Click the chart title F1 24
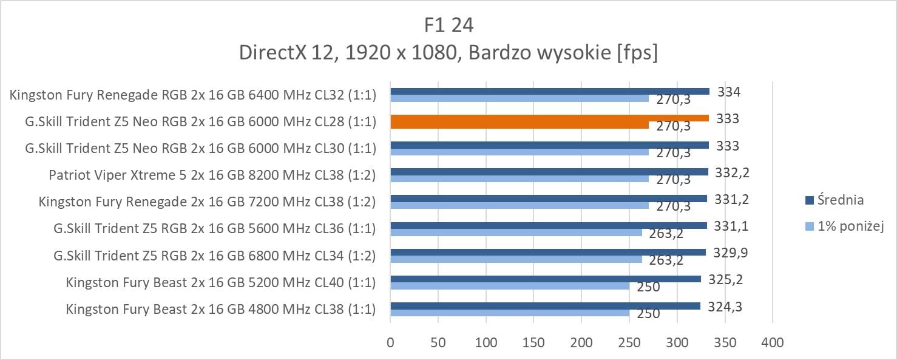pyautogui.click(x=448, y=25)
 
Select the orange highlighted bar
pyautogui.click(x=549, y=118)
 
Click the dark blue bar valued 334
pyautogui.click(x=549, y=92)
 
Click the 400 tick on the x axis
pyautogui.click(x=772, y=343)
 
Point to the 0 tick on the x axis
pyautogui.click(x=390, y=343)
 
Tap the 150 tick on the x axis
pyautogui.click(x=533, y=343)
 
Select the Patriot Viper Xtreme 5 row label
pyautogui.click(x=212, y=175)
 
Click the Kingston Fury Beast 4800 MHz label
pyautogui.click(x=220, y=309)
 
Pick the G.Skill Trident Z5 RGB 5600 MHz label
pyautogui.click(x=214, y=229)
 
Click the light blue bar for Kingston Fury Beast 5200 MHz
pyautogui.click(x=510, y=286)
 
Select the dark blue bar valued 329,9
pyautogui.click(x=547, y=252)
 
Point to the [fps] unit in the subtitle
pyautogui.click(x=637, y=53)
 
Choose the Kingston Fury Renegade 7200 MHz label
pyautogui.click(x=207, y=202)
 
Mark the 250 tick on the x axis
pyautogui.click(x=629, y=343)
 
